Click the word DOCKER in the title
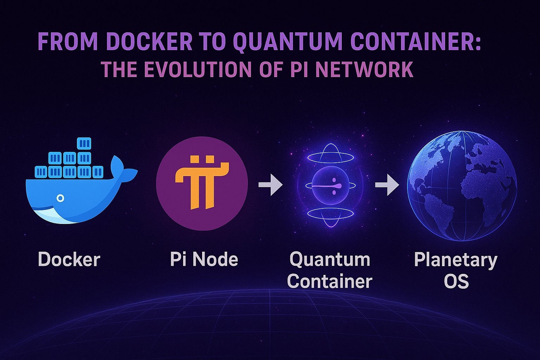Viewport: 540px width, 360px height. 149,41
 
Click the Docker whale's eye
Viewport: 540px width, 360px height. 60,198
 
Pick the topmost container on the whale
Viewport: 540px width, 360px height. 84,143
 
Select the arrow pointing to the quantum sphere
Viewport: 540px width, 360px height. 270,185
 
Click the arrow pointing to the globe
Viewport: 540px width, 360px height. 387,185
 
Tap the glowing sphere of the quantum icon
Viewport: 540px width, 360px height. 330,185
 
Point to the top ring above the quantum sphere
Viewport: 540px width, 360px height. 330,157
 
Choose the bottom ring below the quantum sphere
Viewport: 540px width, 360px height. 330,213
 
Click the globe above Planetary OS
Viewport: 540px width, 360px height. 462,186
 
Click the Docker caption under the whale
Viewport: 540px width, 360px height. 69,259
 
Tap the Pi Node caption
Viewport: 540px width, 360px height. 204,259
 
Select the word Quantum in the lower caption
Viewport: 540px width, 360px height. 330,259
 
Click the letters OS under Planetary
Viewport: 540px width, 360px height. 456,281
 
